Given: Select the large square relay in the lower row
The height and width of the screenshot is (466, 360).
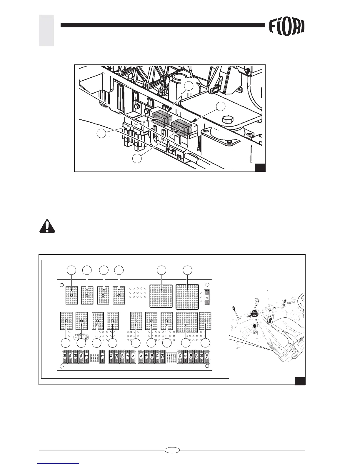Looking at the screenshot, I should coord(187,322).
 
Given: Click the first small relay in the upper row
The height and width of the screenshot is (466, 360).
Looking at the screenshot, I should coord(71,295).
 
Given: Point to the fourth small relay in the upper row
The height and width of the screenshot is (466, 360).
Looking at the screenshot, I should coord(119,295).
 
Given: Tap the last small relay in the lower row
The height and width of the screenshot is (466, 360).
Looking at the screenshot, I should coord(205,321).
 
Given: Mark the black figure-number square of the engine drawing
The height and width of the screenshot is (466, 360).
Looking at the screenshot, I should coord(260,167).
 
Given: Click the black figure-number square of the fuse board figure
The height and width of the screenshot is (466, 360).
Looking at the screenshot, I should coord(300,381).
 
